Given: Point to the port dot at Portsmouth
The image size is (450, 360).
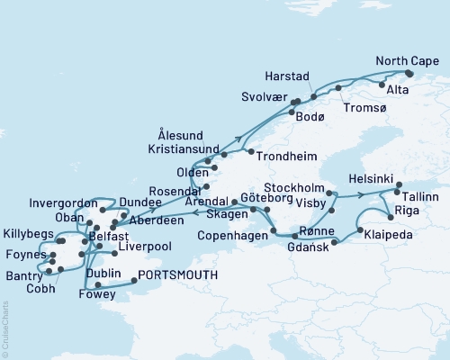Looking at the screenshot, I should [x=135, y=280].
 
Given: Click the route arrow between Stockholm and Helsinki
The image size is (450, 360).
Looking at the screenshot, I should [x=359, y=193].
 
